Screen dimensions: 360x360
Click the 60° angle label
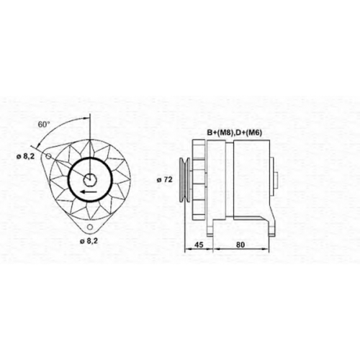pyautogui.click(x=44, y=125)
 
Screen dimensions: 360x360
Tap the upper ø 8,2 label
pyautogui.click(x=26, y=157)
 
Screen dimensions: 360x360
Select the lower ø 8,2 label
pyautogui.click(x=89, y=241)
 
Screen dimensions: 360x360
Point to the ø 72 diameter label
pyautogui.click(x=165, y=179)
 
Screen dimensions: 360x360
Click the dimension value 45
pyautogui.click(x=199, y=245)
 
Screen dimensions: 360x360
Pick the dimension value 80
pyautogui.click(x=240, y=245)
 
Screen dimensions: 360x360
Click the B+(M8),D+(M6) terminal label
pyautogui.click(x=235, y=133)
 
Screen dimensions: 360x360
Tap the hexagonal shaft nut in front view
pyautogui.click(x=90, y=179)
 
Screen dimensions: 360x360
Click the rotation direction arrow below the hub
pyautogui.click(x=89, y=192)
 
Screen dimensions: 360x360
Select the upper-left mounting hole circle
pyautogui.click(x=48, y=156)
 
